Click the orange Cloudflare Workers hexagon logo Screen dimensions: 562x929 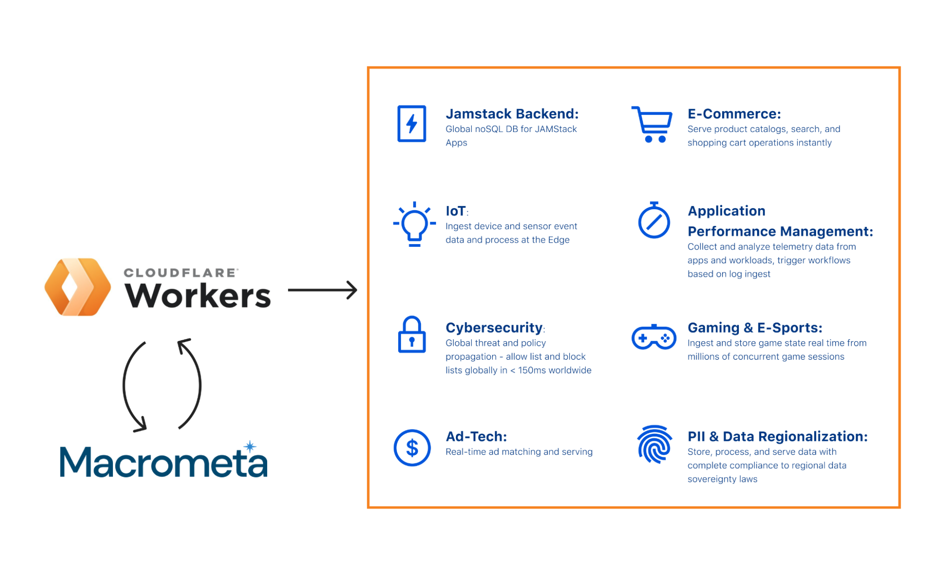click(x=78, y=287)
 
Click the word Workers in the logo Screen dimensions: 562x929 click(x=198, y=295)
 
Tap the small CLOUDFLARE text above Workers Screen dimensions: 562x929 click(x=180, y=273)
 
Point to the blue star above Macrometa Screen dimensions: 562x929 click(x=250, y=447)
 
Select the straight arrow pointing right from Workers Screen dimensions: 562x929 click(x=323, y=290)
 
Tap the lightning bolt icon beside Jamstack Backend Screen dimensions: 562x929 click(x=412, y=124)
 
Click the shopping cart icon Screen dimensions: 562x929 click(x=652, y=125)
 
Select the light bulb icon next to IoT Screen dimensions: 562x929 click(x=414, y=224)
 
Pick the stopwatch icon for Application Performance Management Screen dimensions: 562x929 click(x=654, y=220)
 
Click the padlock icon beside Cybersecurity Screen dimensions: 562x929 click(x=412, y=335)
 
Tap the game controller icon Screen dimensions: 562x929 click(x=654, y=337)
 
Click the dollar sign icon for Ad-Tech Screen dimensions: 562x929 click(x=412, y=448)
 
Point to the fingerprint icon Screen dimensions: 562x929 click(x=654, y=444)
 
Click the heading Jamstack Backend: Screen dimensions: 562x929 click(x=512, y=114)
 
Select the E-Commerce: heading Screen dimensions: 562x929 click(x=734, y=114)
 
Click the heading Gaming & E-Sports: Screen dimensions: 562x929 click(x=755, y=328)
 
